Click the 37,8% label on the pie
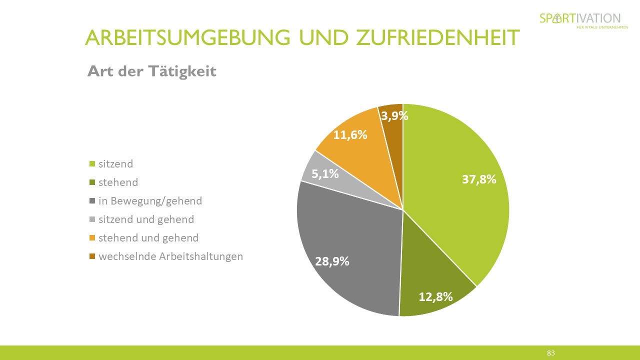tap(479, 179)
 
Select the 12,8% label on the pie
tap(435, 296)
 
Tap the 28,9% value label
tap(332, 261)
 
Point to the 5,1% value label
tap(325, 174)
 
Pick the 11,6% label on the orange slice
tap(350, 134)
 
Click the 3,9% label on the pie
tap(394, 116)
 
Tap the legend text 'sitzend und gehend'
tap(146, 219)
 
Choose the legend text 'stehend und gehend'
tap(148, 238)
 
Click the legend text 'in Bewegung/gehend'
tap(150, 201)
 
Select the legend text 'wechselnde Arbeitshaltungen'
tap(170, 256)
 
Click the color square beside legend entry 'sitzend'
tap(92, 164)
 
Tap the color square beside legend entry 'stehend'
tap(92, 182)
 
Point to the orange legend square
tap(92, 238)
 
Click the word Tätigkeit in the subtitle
tap(182, 71)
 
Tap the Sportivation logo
tap(580, 20)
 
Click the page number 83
tap(550, 353)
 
